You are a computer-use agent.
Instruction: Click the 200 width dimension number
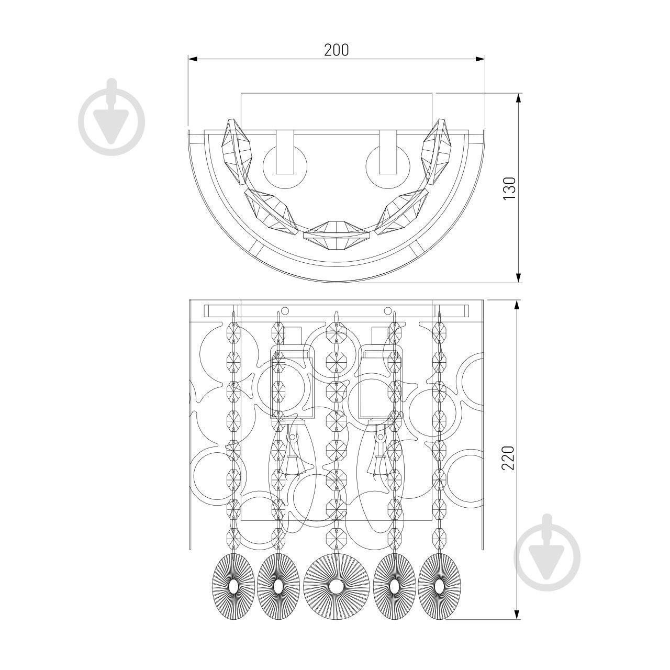point(336,50)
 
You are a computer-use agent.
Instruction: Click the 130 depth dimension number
point(509,188)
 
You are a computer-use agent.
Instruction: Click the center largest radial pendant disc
point(336,587)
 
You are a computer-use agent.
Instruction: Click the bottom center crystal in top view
point(336,236)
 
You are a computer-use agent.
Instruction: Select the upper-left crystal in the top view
point(237,152)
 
